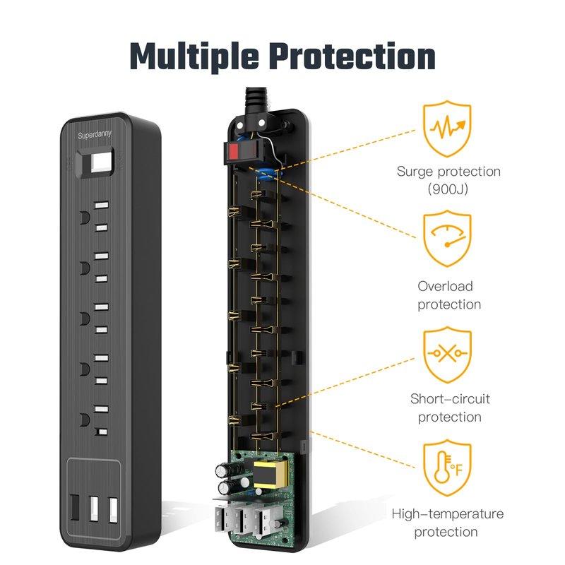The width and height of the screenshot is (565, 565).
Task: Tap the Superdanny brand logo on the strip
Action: [x=95, y=135]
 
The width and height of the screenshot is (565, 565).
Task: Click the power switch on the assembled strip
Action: [x=95, y=163]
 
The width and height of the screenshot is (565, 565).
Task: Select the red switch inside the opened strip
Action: [x=244, y=151]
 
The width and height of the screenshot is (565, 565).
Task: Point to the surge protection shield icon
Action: [x=447, y=129]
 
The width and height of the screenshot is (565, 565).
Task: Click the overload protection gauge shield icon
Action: [x=447, y=239]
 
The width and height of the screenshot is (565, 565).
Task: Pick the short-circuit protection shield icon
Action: [x=447, y=355]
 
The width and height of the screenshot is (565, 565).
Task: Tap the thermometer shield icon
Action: [x=447, y=468]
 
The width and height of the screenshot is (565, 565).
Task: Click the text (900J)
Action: [x=448, y=189]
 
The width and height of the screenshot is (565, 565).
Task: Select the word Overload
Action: [x=445, y=287]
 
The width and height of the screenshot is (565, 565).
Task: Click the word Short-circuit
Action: [x=450, y=399]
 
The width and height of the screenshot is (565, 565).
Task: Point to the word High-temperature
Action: [x=448, y=514]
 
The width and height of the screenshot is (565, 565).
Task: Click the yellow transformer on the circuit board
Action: [x=270, y=474]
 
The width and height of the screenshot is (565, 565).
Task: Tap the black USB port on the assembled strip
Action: [x=74, y=507]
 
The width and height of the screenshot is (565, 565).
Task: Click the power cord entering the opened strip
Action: [x=256, y=100]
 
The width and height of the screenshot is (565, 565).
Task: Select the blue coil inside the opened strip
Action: [x=268, y=174]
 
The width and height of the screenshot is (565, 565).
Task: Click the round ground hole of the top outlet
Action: [x=85, y=218]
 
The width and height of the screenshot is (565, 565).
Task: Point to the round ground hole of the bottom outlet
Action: [x=85, y=420]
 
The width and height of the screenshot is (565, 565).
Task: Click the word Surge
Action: [x=415, y=172]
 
